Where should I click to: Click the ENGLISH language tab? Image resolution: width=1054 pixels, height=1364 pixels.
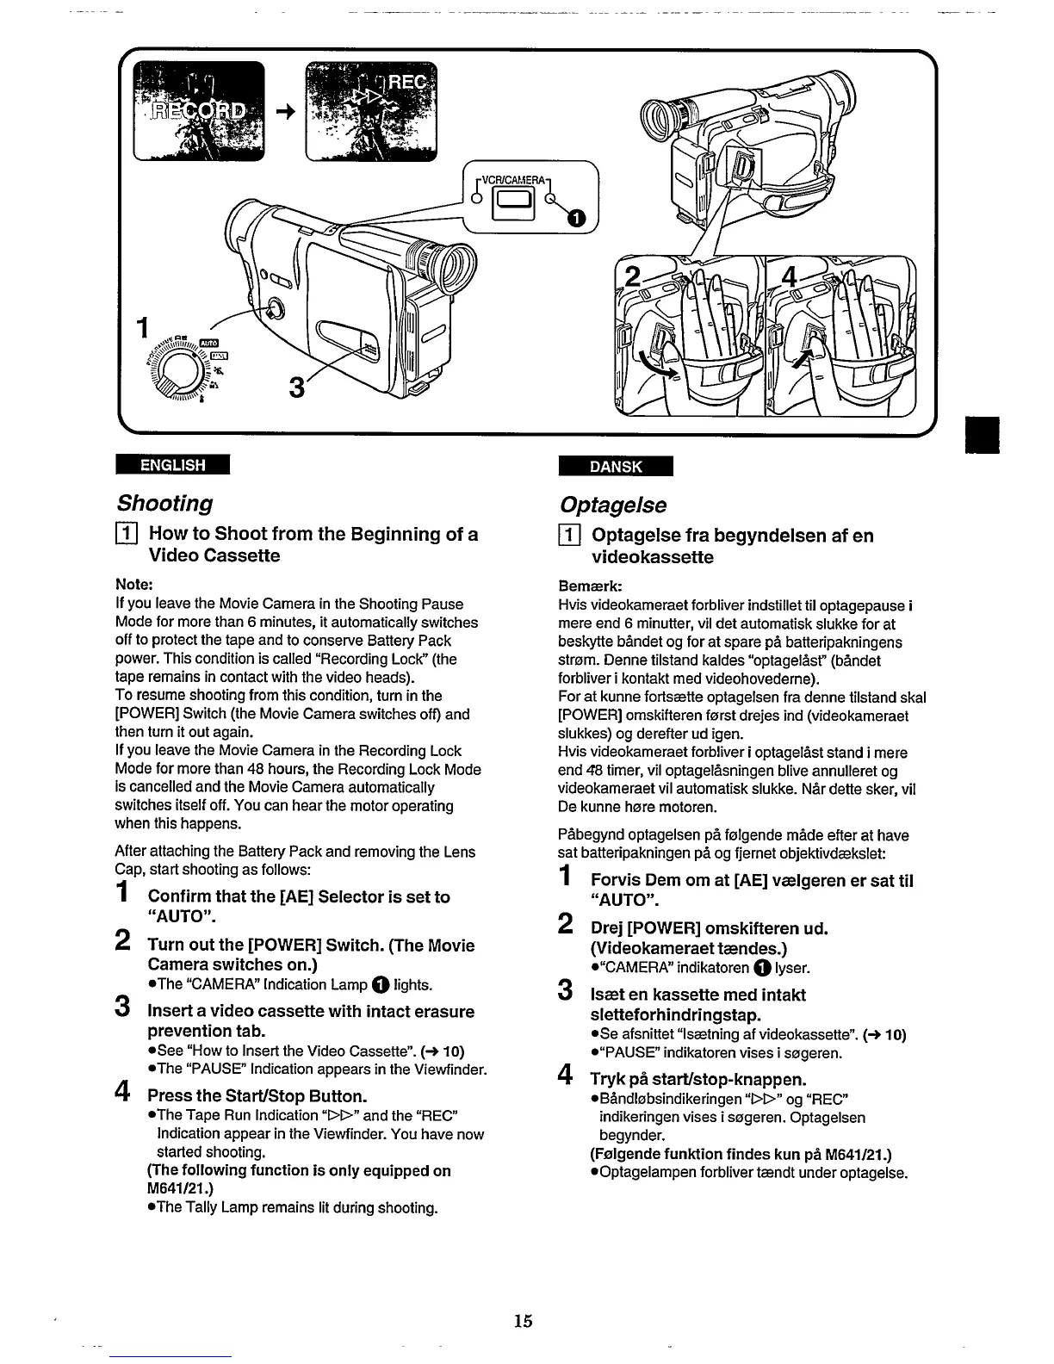[x=173, y=465]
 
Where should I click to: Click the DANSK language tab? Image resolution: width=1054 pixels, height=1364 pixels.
[x=616, y=466]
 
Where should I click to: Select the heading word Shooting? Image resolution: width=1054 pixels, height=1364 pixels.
[x=164, y=502]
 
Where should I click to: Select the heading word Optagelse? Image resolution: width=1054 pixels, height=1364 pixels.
[x=612, y=504]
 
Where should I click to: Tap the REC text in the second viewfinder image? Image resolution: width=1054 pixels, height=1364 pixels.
[x=410, y=82]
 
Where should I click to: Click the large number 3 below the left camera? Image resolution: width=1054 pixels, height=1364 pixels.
[x=296, y=389]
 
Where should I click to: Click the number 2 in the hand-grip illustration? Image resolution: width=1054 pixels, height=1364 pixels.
[x=634, y=277]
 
